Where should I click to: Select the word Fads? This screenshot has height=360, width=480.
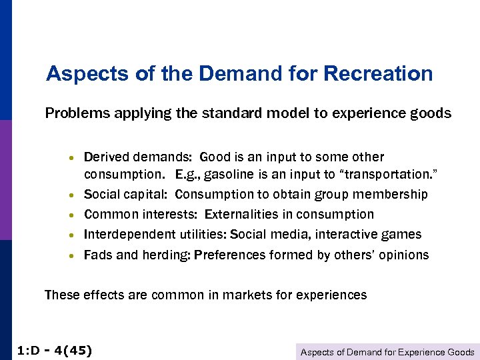pos(97,255)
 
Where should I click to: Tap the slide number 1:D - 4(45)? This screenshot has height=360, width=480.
pos(53,351)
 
